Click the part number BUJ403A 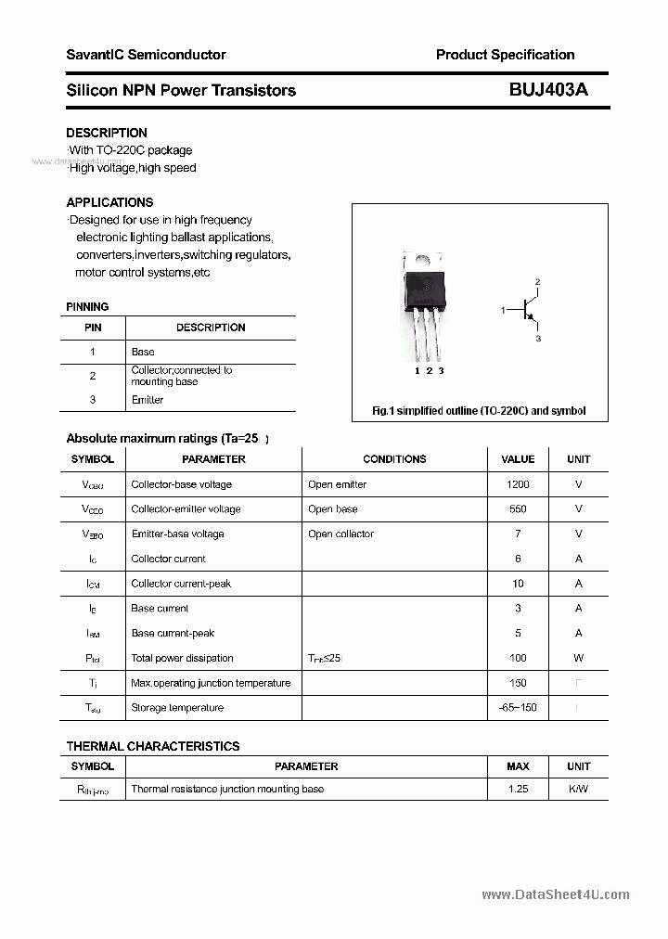pos(548,90)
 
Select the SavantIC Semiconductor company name pos(146,55)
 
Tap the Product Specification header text pos(505,55)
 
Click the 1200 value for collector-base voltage pos(518,484)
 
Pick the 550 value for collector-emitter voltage pos(518,509)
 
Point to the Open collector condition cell pos(340,534)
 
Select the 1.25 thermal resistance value pos(518,789)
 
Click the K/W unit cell pos(578,789)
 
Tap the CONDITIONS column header pos(394,459)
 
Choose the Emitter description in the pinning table pos(148,400)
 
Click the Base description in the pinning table pos(143,352)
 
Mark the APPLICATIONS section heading pos(109,202)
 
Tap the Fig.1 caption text pos(479,410)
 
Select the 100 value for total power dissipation pos(518,658)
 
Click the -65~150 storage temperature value pos(518,708)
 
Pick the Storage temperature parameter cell pos(177,708)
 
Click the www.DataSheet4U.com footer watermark pos(555,894)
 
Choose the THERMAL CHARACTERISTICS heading pos(153,746)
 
